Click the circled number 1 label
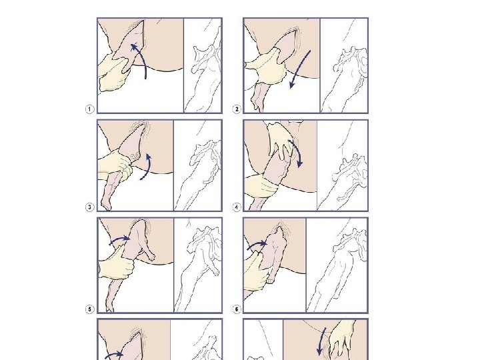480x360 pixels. (89, 109)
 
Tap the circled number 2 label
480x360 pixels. (237, 109)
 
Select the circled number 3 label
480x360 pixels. (89, 207)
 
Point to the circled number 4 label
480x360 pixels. (237, 207)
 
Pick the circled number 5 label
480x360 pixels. (89, 309)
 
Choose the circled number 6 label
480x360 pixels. (237, 309)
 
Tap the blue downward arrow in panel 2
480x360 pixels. (300, 69)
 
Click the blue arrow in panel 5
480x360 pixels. (120, 239)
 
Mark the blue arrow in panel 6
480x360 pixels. (257, 245)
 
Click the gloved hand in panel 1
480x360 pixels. (113, 73)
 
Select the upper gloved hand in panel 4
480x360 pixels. (280, 139)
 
